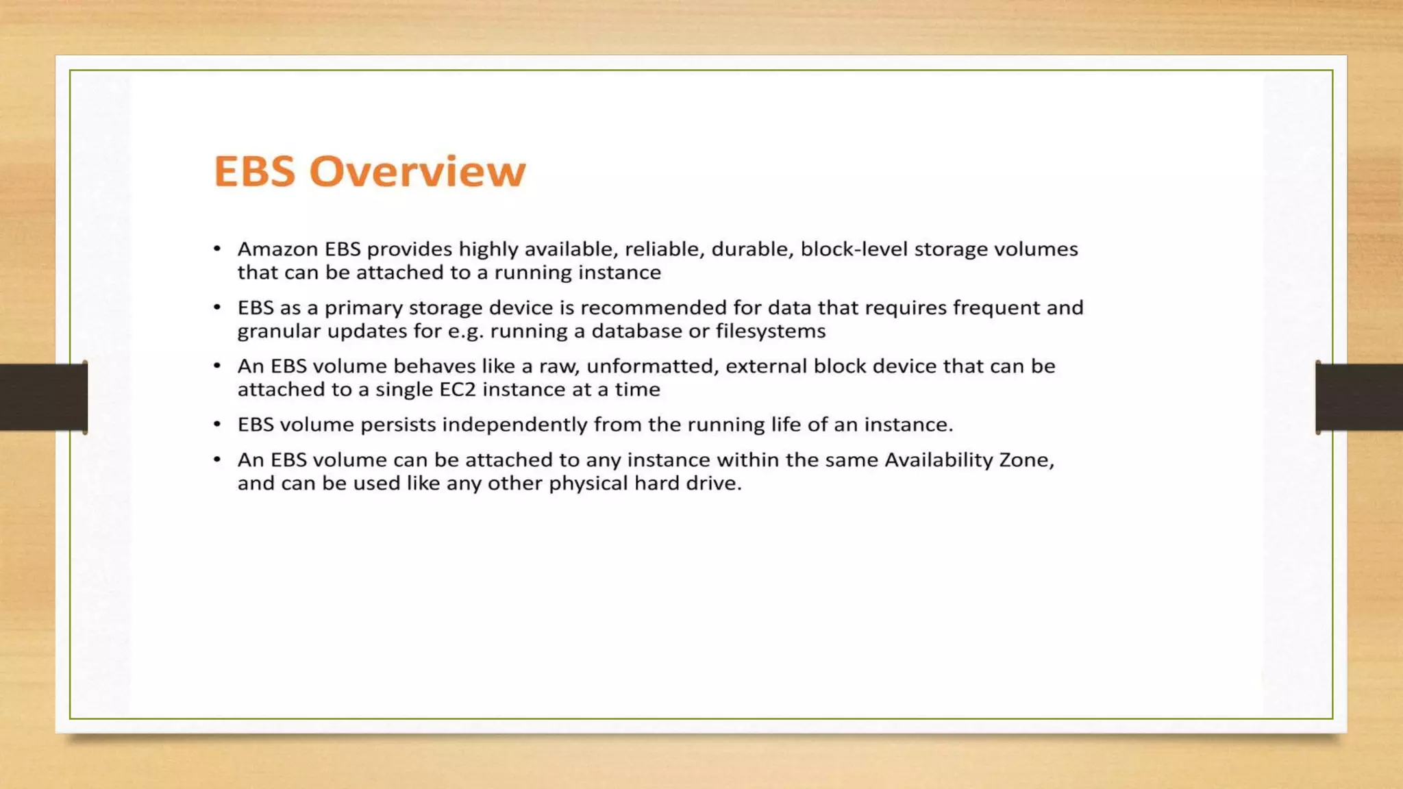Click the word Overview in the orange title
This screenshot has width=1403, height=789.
[x=417, y=171]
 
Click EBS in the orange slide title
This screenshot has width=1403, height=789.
[x=254, y=171]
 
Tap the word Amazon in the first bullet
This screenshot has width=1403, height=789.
[x=277, y=249]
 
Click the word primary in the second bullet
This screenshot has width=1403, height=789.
[x=363, y=308]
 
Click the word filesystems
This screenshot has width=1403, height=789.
[x=771, y=331]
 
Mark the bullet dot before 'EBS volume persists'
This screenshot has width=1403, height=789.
[x=217, y=425]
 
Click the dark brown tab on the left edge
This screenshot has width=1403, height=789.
[x=43, y=397]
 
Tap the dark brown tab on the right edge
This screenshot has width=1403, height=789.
[x=1359, y=397]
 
